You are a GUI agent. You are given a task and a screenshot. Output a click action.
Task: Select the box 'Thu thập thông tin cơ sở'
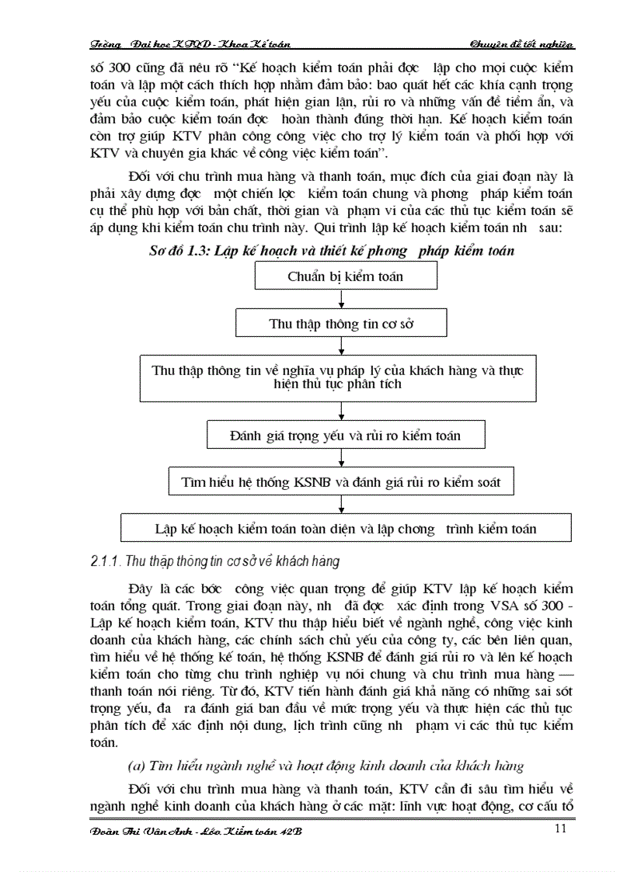coord(341,324)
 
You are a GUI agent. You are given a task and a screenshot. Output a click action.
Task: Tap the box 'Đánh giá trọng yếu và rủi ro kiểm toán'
coord(345,436)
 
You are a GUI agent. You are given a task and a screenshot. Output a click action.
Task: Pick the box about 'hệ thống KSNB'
coord(341,481)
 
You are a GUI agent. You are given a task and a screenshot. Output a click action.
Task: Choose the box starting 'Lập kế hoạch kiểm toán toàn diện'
coord(345,529)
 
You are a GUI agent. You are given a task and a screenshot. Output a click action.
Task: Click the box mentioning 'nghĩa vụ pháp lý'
coord(337,377)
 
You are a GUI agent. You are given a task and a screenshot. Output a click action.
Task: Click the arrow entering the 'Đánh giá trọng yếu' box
coord(342,412)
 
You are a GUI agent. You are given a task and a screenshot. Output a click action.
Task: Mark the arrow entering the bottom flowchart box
coord(342,505)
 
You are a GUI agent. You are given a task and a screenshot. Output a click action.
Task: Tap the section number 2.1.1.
coord(104,561)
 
